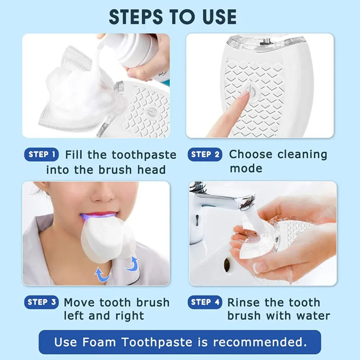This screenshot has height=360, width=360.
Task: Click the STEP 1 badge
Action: (x=42, y=155)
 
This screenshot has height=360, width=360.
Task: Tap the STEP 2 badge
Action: (x=205, y=155)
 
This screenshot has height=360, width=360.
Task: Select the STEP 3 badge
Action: (x=42, y=302)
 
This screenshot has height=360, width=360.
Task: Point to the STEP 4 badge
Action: (x=205, y=302)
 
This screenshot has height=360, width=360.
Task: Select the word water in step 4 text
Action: (x=313, y=316)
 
